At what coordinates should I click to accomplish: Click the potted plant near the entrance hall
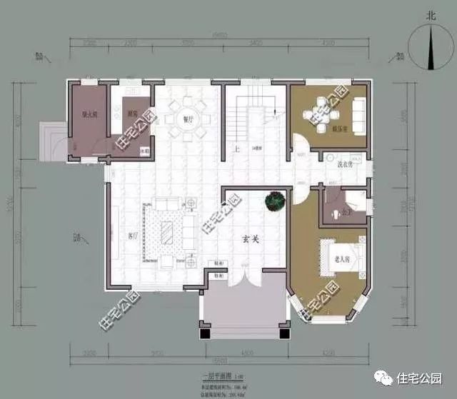[273, 202]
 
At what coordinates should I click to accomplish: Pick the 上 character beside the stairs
[236, 149]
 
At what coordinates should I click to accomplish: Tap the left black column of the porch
[204, 333]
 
